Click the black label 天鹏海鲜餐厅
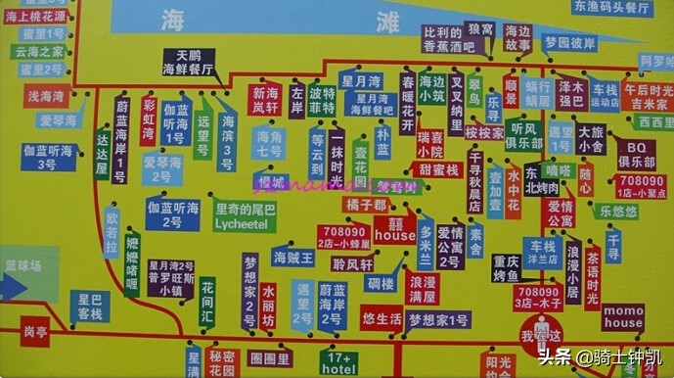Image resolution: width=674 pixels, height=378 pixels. [189, 63]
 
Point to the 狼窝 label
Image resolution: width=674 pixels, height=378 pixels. [480, 30]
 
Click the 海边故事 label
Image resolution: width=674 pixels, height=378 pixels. [517, 38]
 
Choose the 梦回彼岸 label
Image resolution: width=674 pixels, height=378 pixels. [568, 43]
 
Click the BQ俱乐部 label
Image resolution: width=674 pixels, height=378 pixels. [636, 154]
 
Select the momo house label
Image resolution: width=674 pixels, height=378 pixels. [623, 316]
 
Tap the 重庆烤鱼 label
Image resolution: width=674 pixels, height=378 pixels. [506, 267]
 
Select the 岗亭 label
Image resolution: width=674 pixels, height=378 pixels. [36, 331]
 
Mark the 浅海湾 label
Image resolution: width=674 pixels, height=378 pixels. [45, 97]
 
